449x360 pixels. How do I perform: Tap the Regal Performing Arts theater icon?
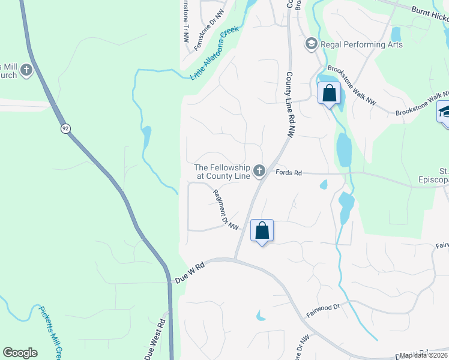(x=311, y=43)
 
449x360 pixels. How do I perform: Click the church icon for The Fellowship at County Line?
(x=259, y=172)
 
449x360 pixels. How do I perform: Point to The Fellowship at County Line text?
(x=221, y=172)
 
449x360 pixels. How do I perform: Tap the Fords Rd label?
(x=288, y=173)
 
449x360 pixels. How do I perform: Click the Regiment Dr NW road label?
(x=227, y=209)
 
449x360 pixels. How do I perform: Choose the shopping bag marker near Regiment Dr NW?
(x=262, y=230)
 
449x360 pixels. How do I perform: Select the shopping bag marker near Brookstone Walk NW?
(x=329, y=94)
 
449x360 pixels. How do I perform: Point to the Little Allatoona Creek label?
(x=215, y=53)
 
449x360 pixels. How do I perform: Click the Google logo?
(x=20, y=353)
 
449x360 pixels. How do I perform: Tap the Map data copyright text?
(x=423, y=355)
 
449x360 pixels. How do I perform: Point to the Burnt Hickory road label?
(x=429, y=15)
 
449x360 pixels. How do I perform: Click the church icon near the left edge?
(x=26, y=71)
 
